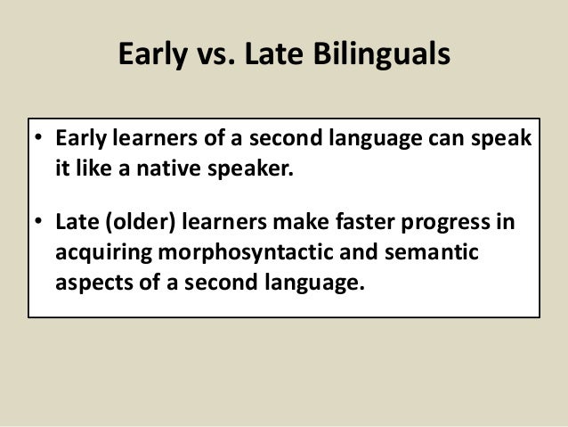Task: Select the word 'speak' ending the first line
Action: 498,144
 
